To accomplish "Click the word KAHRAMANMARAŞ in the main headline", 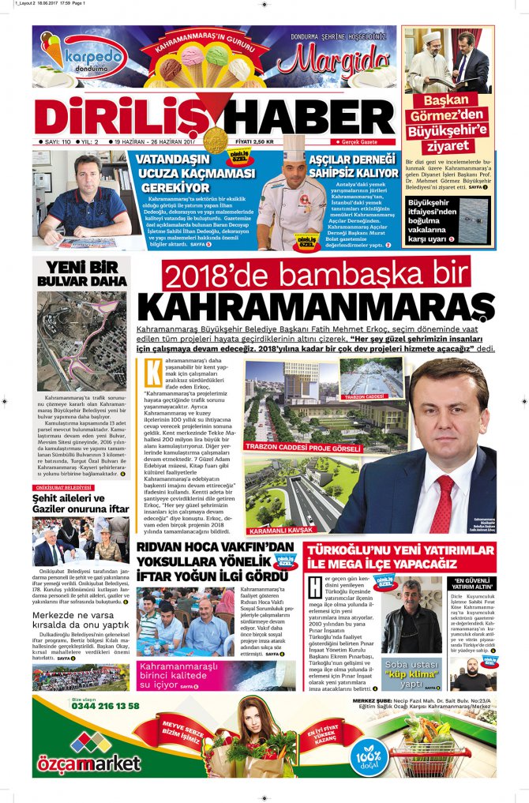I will point(316,307).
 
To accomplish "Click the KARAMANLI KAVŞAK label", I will point(280,530).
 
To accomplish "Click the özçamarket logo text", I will point(88,764).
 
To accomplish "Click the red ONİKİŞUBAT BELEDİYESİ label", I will point(63,487).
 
